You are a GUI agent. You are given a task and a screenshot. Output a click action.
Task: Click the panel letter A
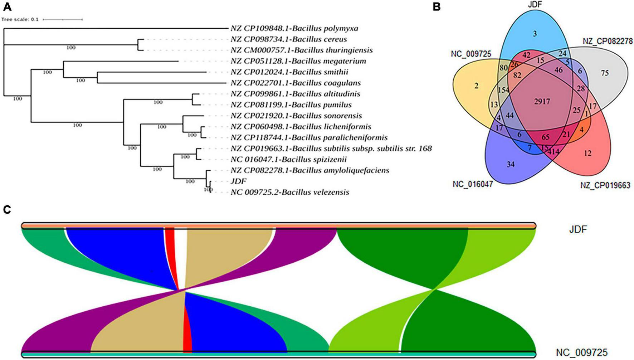7,6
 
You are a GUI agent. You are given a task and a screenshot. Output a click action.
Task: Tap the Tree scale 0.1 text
20,19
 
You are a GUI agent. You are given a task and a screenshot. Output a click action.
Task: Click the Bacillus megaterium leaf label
298,61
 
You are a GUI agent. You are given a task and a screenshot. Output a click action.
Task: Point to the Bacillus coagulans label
296,83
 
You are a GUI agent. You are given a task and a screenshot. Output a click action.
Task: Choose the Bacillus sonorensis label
296,116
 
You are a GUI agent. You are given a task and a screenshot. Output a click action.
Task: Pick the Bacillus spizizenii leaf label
288,159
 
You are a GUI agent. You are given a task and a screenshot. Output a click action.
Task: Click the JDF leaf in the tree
238,181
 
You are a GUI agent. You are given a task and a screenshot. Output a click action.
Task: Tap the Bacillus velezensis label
290,192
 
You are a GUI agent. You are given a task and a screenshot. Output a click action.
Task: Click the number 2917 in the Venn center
542,102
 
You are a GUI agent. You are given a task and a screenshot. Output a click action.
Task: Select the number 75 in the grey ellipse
604,73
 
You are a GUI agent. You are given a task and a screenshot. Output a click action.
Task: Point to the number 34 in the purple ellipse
510,164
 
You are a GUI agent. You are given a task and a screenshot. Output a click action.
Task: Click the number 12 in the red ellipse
587,153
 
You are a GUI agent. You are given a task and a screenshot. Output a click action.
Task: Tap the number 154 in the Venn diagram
503,90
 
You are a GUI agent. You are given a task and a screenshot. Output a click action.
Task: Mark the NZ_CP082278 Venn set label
608,41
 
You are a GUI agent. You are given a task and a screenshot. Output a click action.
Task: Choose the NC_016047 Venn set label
473,184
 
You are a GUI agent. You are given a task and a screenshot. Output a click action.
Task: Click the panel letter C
7,210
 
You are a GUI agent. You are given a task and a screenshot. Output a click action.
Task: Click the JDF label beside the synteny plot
578,229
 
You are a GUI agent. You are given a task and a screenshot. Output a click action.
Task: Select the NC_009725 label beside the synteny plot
581,352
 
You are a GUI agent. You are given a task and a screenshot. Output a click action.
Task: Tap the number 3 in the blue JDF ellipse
535,34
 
